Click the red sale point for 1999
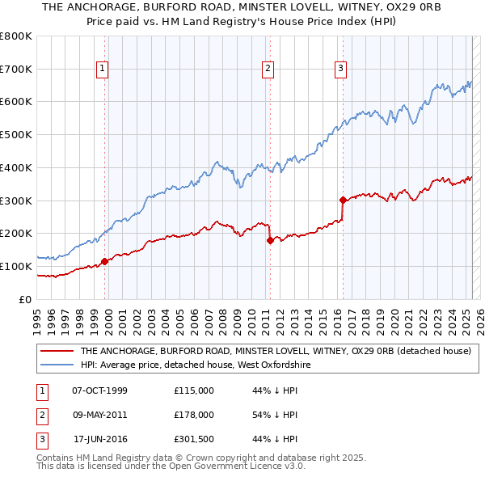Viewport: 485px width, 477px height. click(x=104, y=261)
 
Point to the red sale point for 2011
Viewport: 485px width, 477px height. click(x=270, y=240)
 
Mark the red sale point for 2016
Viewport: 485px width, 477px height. click(x=343, y=199)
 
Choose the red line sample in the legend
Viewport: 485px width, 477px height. click(x=57, y=351)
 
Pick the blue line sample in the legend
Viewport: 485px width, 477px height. click(x=57, y=365)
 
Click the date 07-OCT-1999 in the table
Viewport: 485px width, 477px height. click(x=100, y=390)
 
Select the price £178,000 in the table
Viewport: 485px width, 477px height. click(x=194, y=415)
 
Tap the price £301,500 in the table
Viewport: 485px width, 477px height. click(x=194, y=439)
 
